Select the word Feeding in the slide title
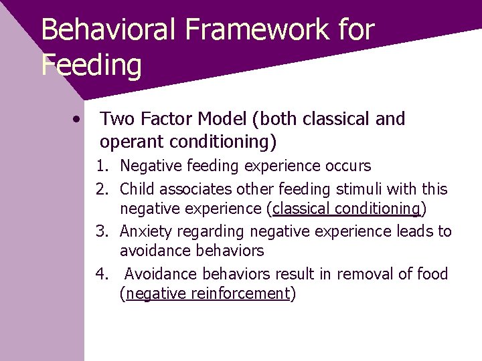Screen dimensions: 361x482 click(x=91, y=66)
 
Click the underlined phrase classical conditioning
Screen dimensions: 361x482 click(x=347, y=209)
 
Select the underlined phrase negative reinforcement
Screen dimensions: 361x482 click(x=207, y=294)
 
